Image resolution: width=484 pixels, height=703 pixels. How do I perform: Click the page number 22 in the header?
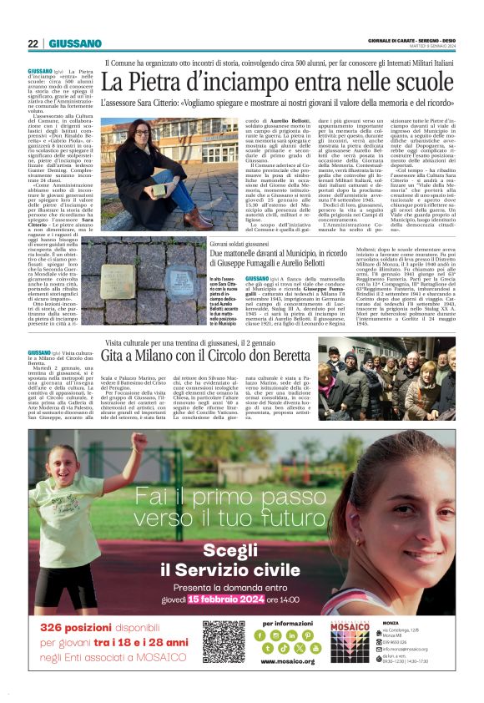click(33, 43)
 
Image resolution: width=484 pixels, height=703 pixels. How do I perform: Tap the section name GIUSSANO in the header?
click(75, 43)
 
